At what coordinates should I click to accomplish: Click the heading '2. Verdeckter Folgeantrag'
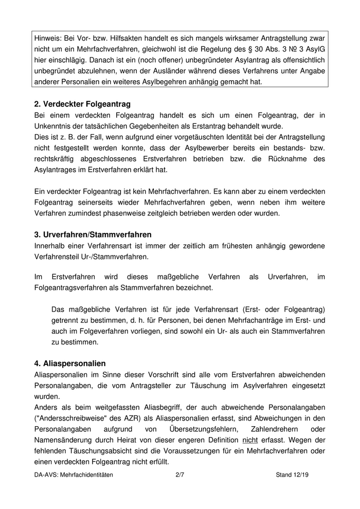tap(82, 104)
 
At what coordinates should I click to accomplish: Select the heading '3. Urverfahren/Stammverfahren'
tap(93, 234)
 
